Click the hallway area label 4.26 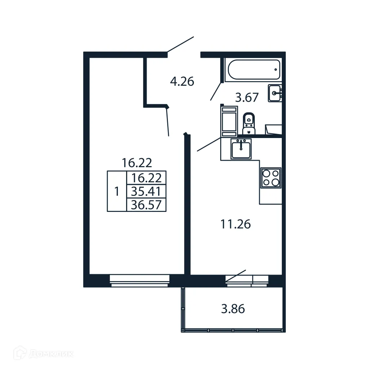pyautogui.click(x=182, y=81)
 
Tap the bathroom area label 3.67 pyautogui.click(x=247, y=98)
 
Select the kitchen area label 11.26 pyautogui.click(x=235, y=224)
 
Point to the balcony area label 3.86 pyautogui.click(x=233, y=309)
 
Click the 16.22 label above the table pyautogui.click(x=137, y=163)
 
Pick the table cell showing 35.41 pyautogui.click(x=146, y=191)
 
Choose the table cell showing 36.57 pyautogui.click(x=146, y=205)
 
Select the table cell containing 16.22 pyautogui.click(x=146, y=178)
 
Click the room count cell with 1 pyautogui.click(x=116, y=191)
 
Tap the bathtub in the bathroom pyautogui.click(x=253, y=70)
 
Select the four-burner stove pyautogui.click(x=271, y=178)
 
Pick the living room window pyautogui.click(x=139, y=280)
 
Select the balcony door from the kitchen pyautogui.click(x=236, y=276)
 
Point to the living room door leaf pyautogui.click(x=167, y=121)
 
